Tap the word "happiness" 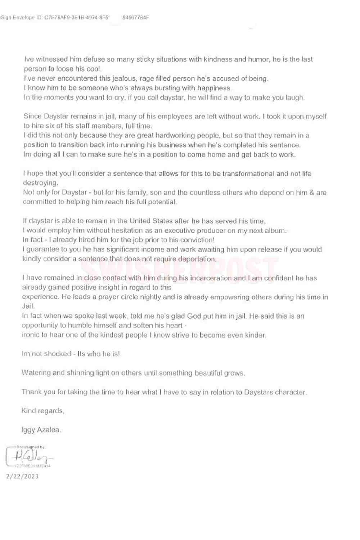coord(215,88)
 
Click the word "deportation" coord(198,259)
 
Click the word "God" coord(194,316)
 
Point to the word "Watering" coord(36,373)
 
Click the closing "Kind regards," coord(43,411)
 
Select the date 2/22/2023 coord(22,476)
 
